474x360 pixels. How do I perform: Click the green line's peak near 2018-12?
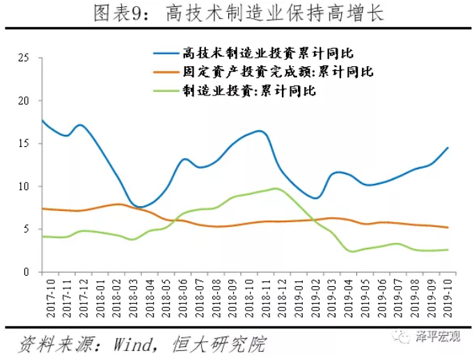(276, 188)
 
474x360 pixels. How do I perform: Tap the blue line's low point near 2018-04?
(140, 207)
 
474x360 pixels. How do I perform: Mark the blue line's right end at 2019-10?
(448, 148)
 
